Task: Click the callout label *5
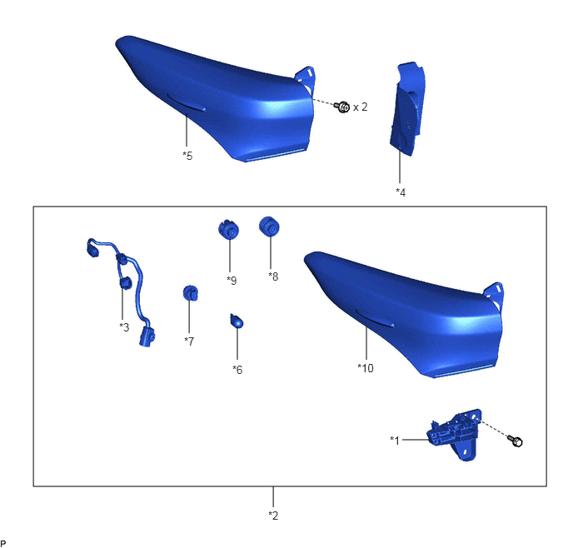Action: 187,156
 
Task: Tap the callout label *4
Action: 401,192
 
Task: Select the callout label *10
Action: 366,368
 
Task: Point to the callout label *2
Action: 273,516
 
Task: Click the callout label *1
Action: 395,441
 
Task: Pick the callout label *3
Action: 124,327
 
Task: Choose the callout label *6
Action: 237,370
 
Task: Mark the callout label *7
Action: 189,341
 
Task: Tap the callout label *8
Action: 273,276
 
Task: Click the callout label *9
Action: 232,281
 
